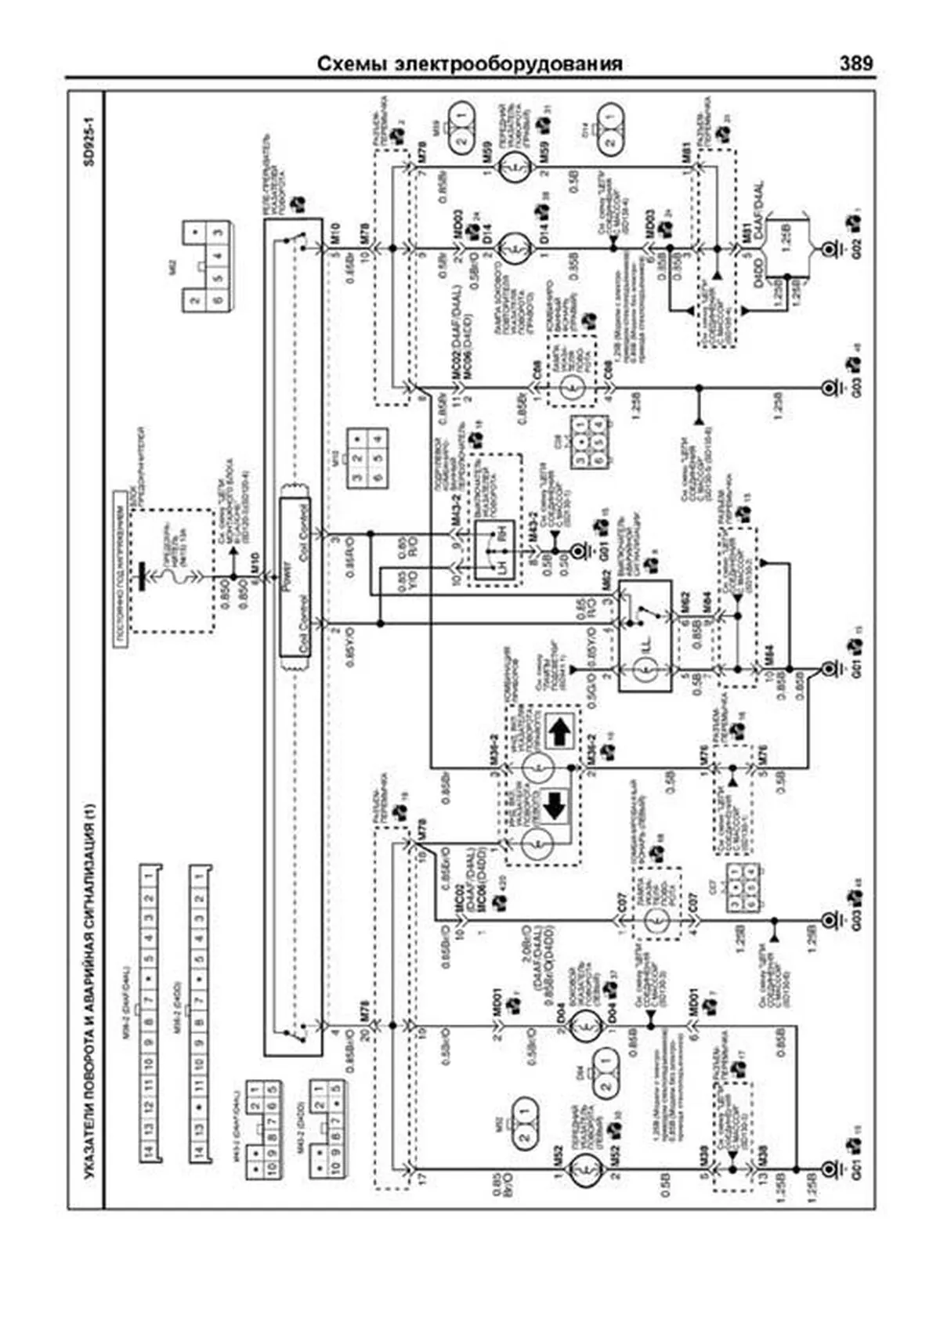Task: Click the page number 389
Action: (855, 63)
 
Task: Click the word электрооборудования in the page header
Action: (518, 64)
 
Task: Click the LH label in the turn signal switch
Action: (491, 567)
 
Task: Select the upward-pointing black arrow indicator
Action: (559, 733)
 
